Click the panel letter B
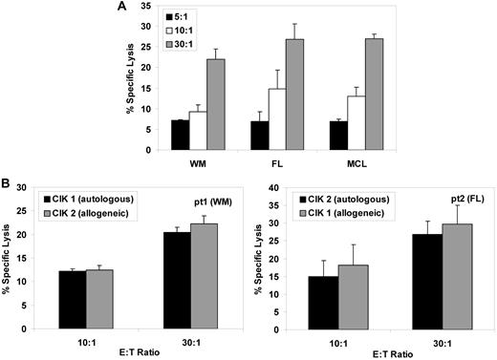(8, 180)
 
